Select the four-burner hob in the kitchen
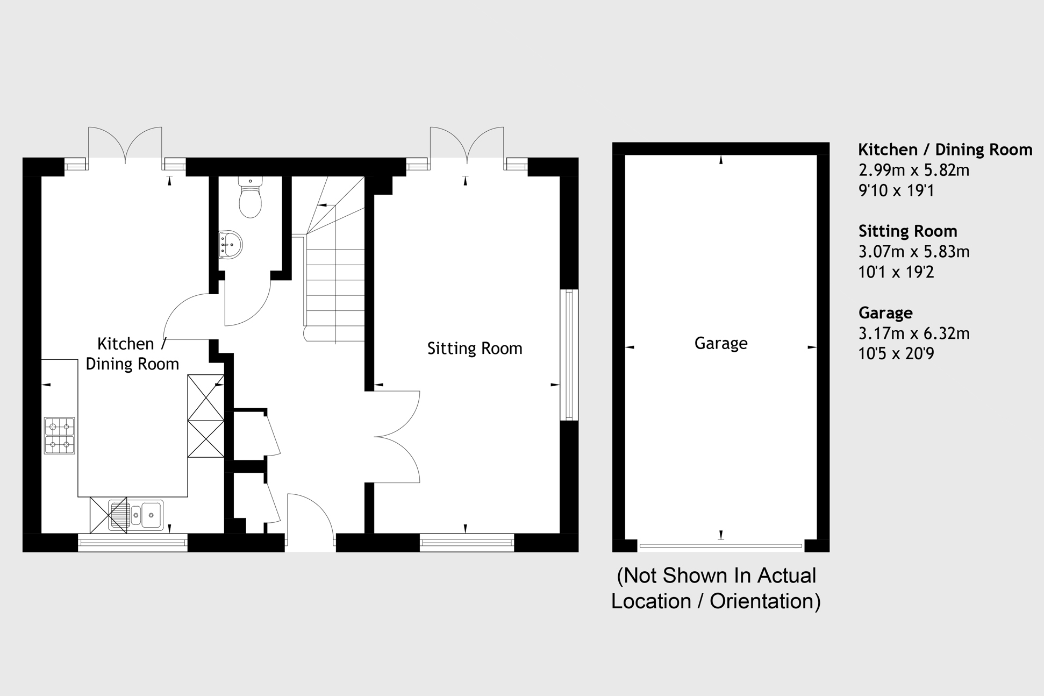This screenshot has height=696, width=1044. [59, 436]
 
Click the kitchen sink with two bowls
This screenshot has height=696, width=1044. [135, 515]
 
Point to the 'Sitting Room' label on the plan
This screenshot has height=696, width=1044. [475, 349]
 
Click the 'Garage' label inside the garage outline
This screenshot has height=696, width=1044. [721, 343]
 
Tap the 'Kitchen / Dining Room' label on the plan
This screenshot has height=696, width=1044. [132, 354]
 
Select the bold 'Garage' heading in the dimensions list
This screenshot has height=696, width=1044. [885, 313]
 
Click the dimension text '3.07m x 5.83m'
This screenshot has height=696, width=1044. [914, 251]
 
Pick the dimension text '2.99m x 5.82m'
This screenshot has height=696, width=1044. [914, 170]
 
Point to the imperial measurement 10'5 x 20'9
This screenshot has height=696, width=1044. [896, 353]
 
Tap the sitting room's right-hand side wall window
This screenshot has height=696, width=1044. [569, 355]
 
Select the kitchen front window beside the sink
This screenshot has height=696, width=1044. [133, 543]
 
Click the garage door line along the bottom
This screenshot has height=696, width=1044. [721, 546]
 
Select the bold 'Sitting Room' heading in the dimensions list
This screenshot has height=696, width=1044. [907, 231]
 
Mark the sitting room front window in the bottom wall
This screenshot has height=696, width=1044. [467, 543]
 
